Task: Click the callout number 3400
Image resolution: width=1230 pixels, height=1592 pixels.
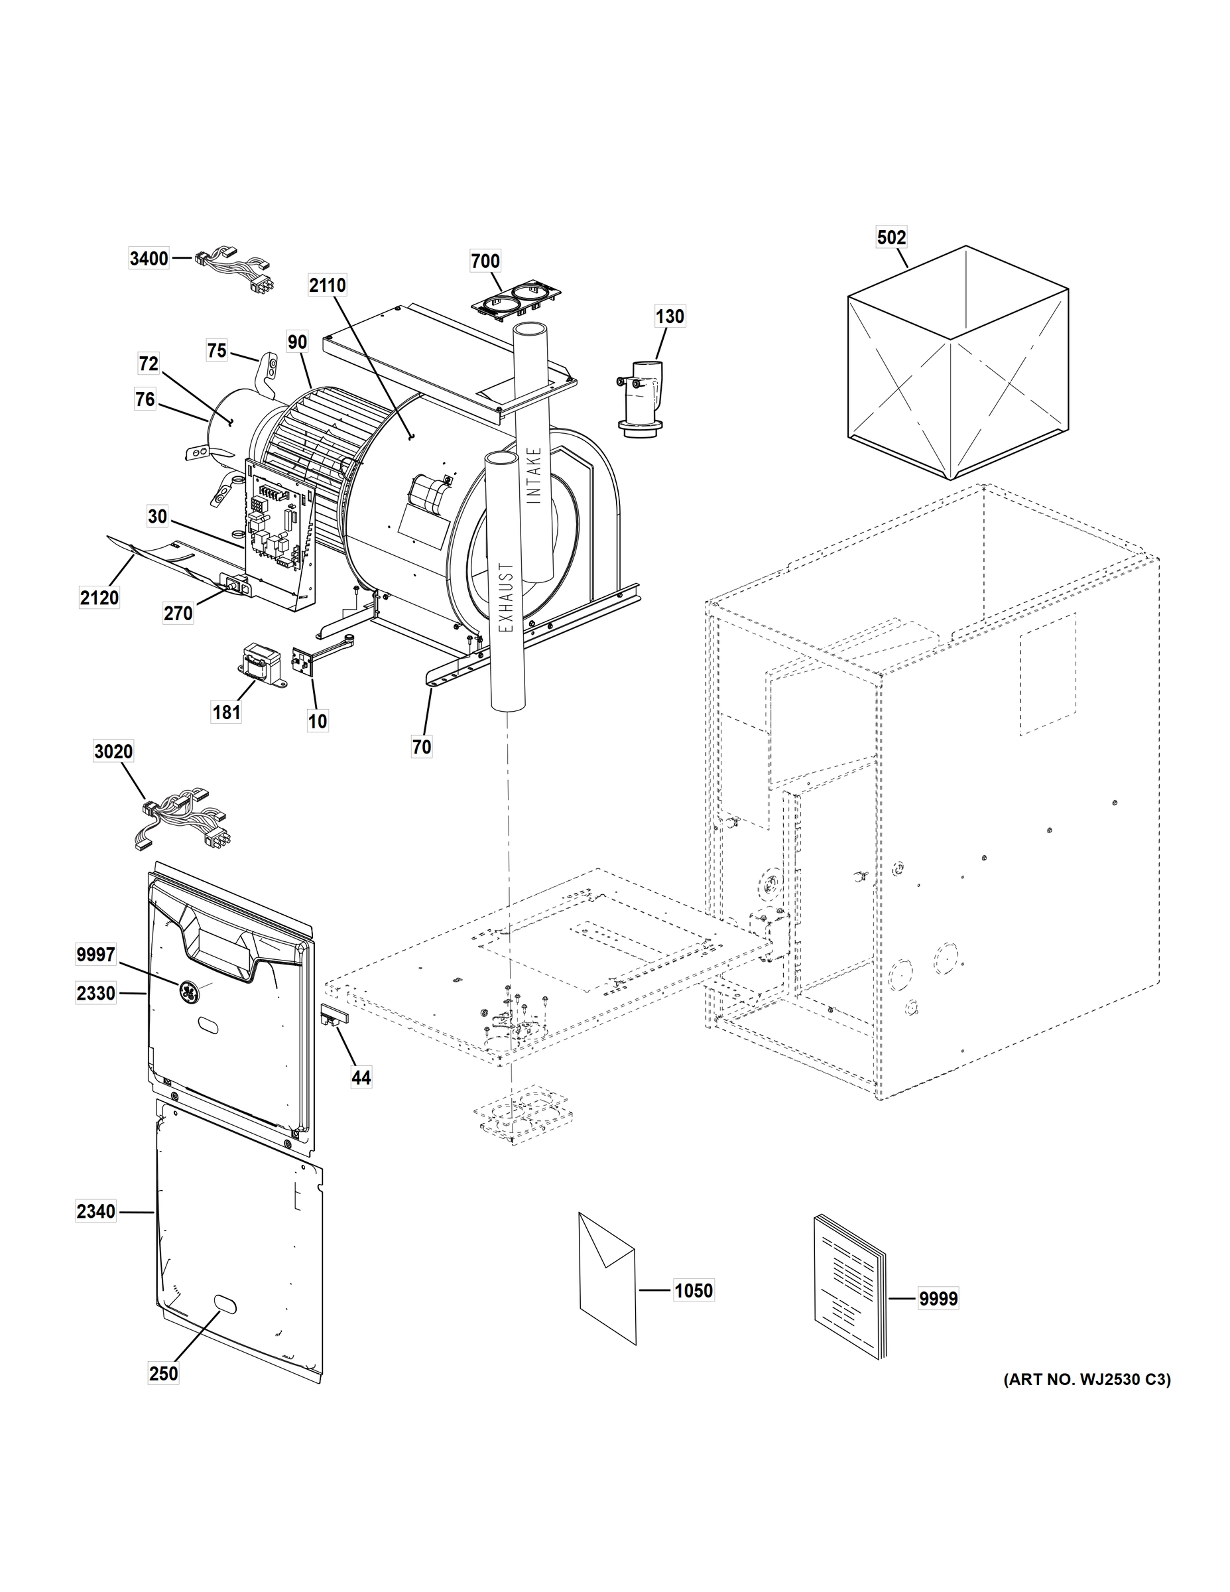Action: [x=149, y=259]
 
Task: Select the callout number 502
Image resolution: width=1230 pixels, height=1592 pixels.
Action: [x=891, y=237]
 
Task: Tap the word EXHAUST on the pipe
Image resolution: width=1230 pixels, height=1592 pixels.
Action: [x=507, y=597]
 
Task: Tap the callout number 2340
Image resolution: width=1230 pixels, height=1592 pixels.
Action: [x=96, y=1211]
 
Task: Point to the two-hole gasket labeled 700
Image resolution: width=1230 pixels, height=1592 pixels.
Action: [x=516, y=300]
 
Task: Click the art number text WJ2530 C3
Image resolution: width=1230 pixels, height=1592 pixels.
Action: [x=1087, y=1379]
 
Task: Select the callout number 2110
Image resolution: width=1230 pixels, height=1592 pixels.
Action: [x=327, y=285]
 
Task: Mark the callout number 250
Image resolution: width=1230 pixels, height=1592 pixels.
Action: [x=163, y=1373]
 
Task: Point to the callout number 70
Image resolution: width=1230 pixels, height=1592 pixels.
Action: [x=422, y=746]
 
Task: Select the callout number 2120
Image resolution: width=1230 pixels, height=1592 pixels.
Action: [x=99, y=598]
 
